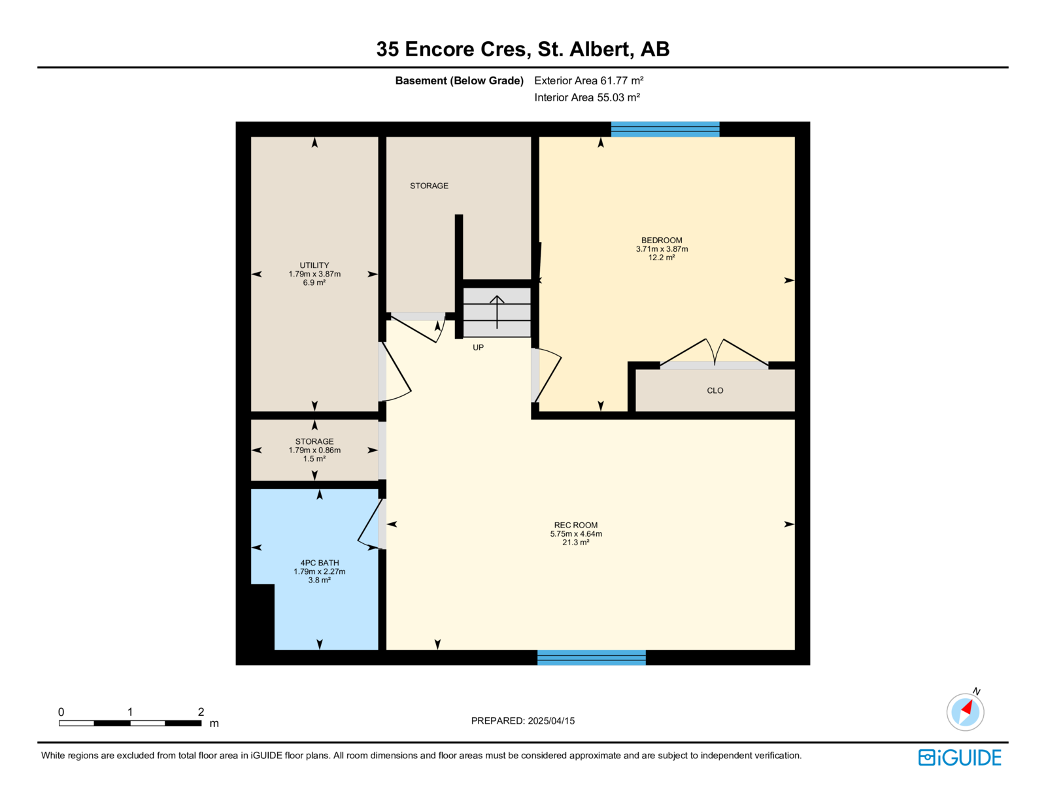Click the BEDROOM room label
[662, 240]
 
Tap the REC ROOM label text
[576, 525]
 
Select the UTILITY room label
[314, 265]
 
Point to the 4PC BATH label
[320, 563]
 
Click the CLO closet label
[715, 390]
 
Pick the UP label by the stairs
[478, 348]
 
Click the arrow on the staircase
[497, 312]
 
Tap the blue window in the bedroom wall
[666, 129]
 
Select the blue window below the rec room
[591, 658]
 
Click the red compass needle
[967, 708]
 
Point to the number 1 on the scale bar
[130, 712]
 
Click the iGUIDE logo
[959, 758]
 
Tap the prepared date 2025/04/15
[551, 721]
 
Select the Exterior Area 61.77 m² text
[589, 80]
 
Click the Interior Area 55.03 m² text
[587, 97]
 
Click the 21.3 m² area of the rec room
[576, 543]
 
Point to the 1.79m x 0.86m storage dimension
[314, 450]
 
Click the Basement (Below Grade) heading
[459, 80]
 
